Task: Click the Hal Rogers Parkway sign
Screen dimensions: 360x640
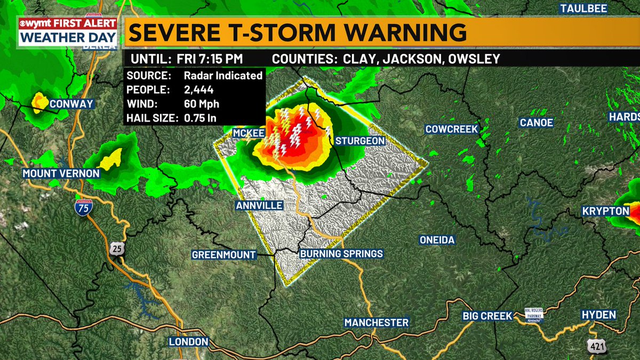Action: (x=533, y=315)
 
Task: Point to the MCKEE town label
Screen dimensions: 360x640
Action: (x=249, y=132)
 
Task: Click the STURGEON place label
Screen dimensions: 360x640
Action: (x=360, y=141)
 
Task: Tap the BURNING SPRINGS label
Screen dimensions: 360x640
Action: (x=341, y=254)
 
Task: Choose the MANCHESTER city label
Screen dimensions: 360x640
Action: (x=377, y=323)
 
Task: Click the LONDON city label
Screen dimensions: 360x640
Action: (x=188, y=342)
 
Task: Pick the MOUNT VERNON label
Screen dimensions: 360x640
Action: (x=61, y=173)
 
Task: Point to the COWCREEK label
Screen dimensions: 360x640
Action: (x=452, y=129)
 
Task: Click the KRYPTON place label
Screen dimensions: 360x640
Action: (x=606, y=212)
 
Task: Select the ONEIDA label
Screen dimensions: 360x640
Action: (x=437, y=240)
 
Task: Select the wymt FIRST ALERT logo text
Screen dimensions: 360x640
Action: (x=68, y=24)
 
